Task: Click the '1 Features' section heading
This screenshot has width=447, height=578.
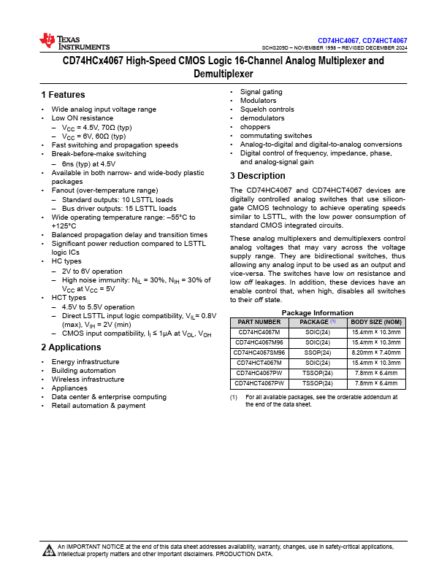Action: [64, 95]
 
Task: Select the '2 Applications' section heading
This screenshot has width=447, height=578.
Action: [72, 347]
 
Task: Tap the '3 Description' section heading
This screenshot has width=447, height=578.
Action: [258, 176]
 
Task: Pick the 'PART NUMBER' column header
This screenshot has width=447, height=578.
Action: [259, 322]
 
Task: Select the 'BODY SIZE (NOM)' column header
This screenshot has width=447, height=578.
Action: [376, 322]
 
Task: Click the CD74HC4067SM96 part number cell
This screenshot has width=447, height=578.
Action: [259, 352]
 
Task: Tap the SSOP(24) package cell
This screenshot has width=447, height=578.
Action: [318, 352]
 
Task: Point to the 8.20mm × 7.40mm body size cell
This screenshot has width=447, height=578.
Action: [376, 352]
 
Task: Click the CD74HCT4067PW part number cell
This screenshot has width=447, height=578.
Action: [259, 382]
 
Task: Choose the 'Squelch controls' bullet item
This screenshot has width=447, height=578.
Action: [267, 109]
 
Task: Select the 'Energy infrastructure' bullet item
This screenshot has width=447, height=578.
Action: [85, 362]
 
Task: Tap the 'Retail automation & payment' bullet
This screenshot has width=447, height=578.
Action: [98, 406]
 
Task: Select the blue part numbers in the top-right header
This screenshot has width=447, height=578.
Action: [362, 40]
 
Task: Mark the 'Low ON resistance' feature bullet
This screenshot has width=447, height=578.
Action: [82, 118]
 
